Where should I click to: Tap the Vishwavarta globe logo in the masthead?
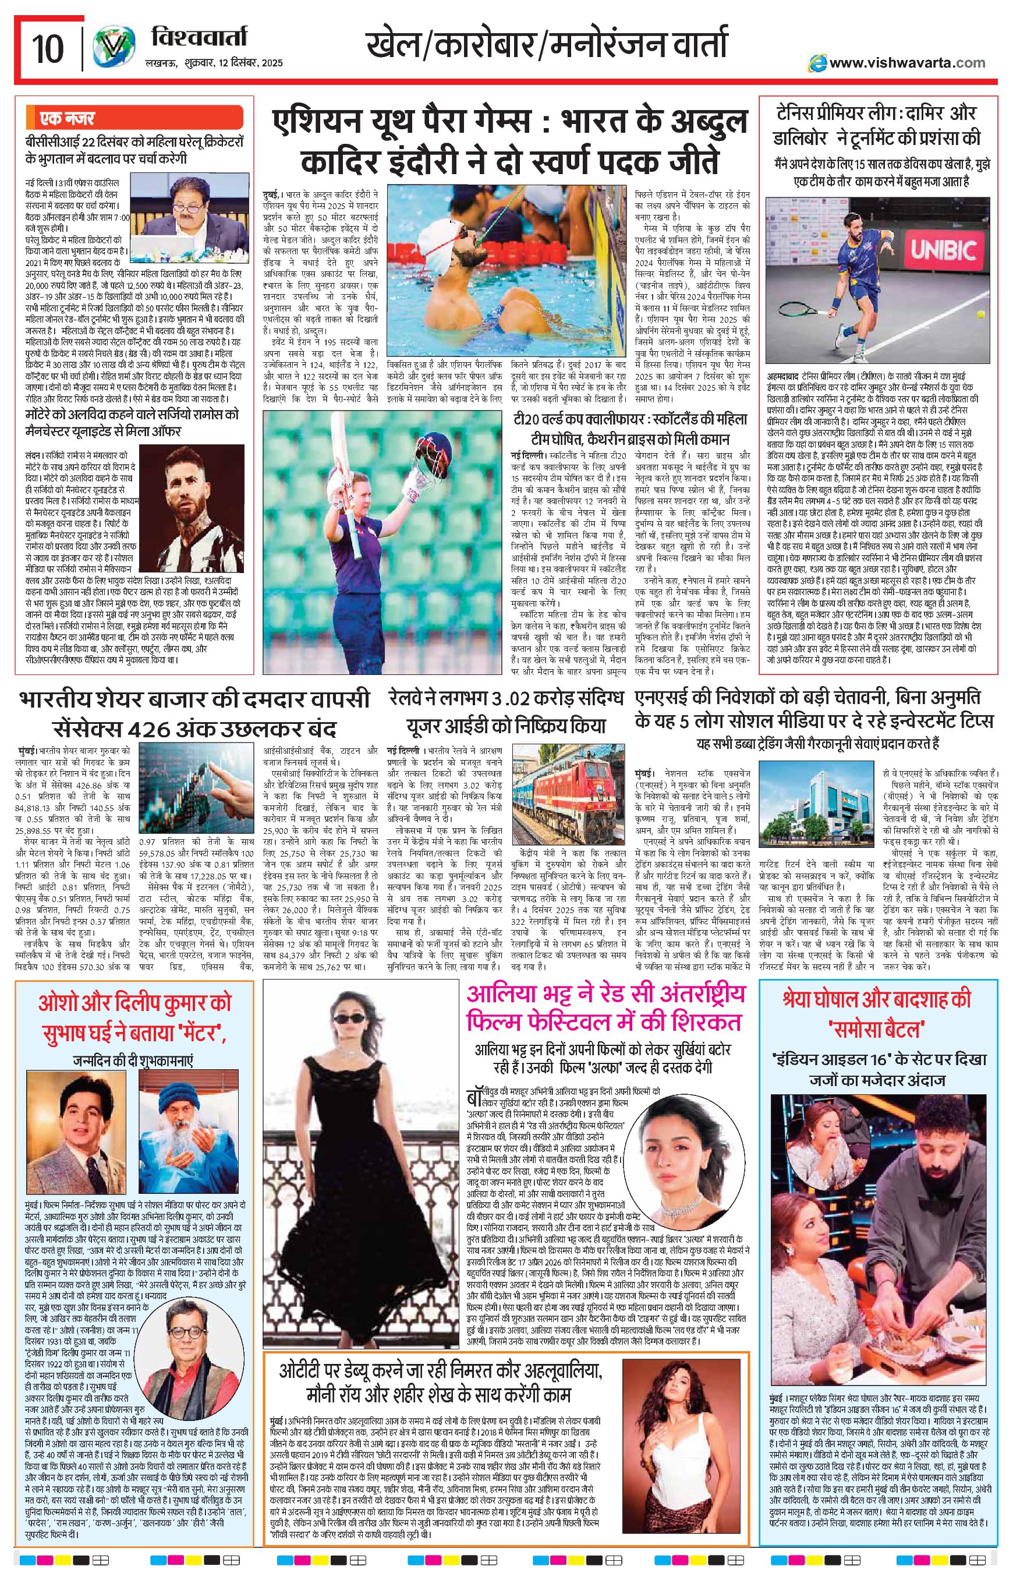coord(110,48)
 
